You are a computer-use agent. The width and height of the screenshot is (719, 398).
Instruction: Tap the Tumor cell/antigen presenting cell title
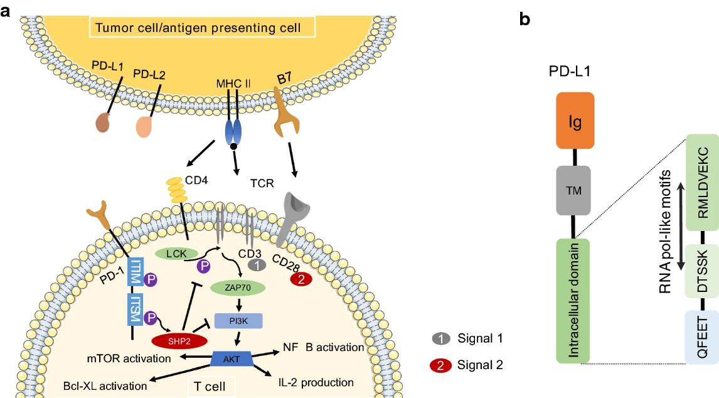point(202,28)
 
